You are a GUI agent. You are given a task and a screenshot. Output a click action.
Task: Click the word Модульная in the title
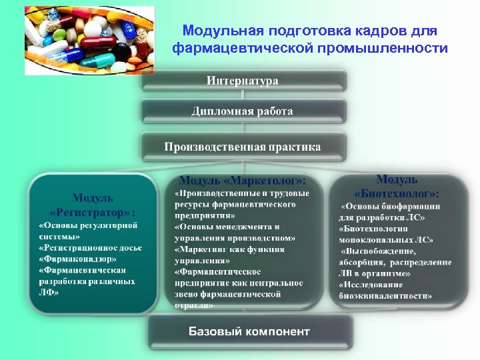click(x=223, y=31)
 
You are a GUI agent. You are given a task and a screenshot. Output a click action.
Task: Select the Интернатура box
click(x=243, y=81)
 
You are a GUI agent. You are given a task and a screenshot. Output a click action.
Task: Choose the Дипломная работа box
click(x=243, y=111)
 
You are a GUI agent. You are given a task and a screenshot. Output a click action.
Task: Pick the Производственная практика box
click(x=243, y=147)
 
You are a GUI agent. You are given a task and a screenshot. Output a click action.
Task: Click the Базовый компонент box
click(x=249, y=331)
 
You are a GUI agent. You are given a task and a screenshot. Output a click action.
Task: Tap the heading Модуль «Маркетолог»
click(x=243, y=181)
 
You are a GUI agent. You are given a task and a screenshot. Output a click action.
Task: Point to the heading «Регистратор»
click(x=93, y=211)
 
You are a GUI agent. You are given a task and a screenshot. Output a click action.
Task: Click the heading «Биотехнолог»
click(x=397, y=193)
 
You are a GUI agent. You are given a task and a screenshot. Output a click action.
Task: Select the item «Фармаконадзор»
click(x=77, y=259)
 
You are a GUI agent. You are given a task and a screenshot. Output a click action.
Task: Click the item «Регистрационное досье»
click(x=90, y=247)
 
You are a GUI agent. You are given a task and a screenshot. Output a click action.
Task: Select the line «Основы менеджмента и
click(x=227, y=227)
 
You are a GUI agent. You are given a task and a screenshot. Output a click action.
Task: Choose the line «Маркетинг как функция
click(x=229, y=249)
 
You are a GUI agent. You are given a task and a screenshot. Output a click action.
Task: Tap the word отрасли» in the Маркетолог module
click(x=194, y=305)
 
